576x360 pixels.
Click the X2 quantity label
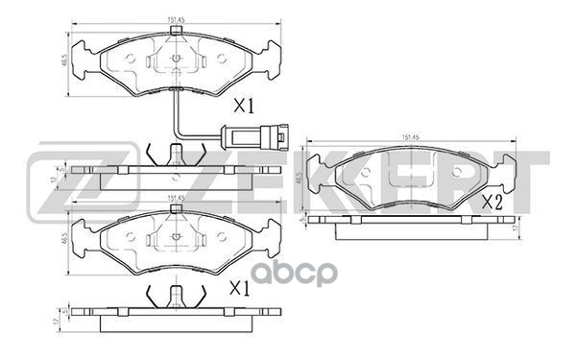494,202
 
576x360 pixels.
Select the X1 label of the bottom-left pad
239,288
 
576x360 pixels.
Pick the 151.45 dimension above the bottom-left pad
174,199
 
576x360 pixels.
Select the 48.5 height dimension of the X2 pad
300,179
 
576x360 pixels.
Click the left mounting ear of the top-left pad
85,54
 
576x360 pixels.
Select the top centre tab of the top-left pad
174,33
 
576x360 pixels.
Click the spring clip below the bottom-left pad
174,298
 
